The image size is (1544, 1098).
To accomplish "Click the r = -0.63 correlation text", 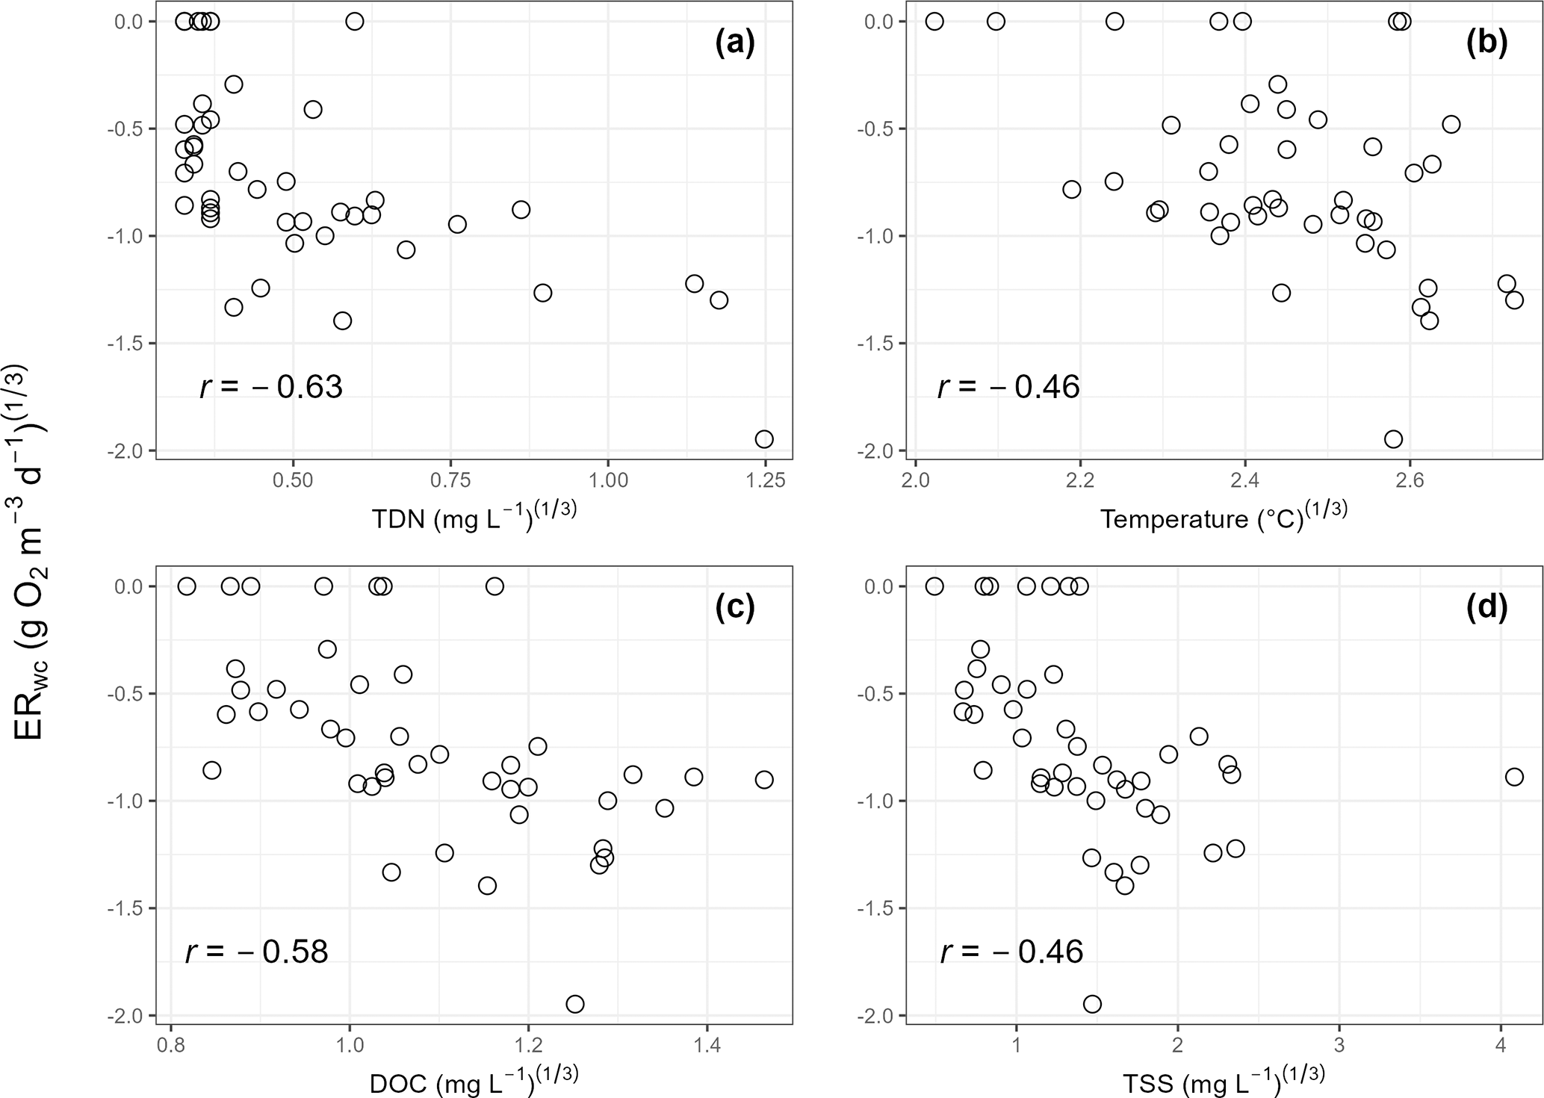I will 271,387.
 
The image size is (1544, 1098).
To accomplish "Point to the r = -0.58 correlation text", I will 256,952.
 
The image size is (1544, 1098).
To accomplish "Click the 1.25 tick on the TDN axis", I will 766,480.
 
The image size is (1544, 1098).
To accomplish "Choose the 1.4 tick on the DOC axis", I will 707,1044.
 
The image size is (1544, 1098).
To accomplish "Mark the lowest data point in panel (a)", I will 764,439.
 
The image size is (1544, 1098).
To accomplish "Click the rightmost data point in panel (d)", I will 1514,777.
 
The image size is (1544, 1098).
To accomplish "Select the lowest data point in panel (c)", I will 574,1004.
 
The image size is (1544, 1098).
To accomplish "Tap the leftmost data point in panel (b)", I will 934,22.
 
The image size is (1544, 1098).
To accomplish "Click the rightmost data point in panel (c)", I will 763,780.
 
